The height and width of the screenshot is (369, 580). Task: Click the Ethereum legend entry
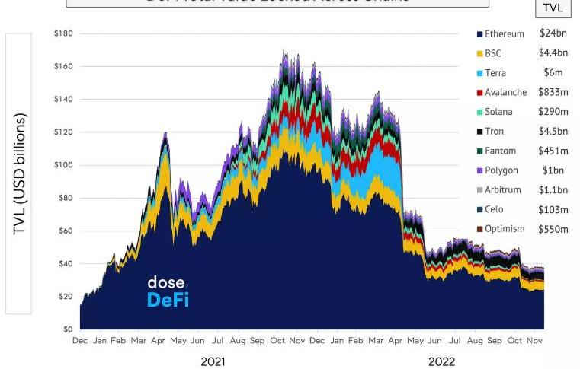[x=504, y=34]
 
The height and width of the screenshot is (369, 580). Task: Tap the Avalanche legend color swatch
[x=479, y=93]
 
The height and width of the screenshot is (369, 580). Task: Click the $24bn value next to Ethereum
[x=553, y=33]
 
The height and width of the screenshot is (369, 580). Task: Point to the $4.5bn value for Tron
[x=553, y=131]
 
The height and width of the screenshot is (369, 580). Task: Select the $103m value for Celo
[x=553, y=209]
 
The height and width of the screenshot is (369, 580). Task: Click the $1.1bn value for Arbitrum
[x=553, y=189]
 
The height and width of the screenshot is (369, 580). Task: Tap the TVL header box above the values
[x=553, y=8]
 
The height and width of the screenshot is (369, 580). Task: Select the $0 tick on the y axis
[x=68, y=329]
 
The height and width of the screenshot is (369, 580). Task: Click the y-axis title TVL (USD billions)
[x=20, y=174]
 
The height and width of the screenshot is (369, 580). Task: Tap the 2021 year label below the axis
[x=213, y=361]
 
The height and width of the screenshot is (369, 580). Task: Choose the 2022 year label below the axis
[x=441, y=361]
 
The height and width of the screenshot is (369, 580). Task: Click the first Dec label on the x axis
[x=80, y=341]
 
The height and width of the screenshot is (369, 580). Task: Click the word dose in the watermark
[x=165, y=283]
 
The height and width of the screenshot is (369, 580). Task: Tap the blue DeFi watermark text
[x=168, y=300]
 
